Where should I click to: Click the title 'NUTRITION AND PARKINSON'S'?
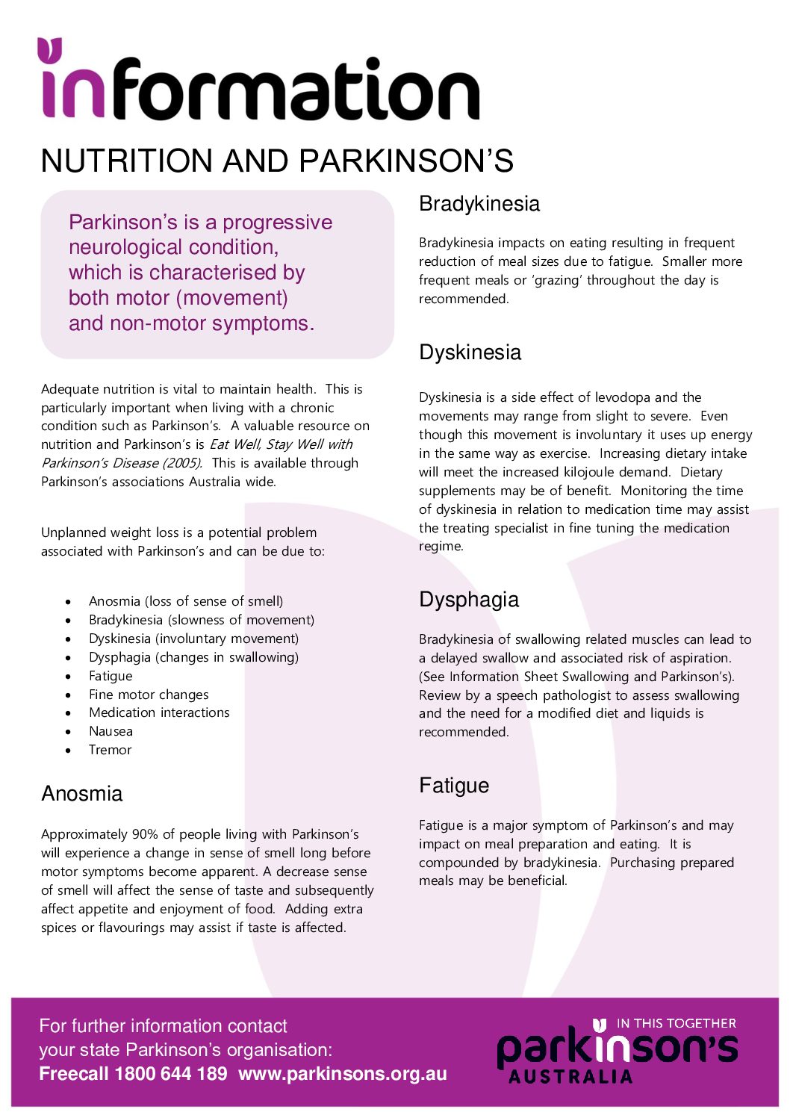pyautogui.click(x=277, y=161)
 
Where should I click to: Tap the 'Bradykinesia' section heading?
pyautogui.click(x=479, y=204)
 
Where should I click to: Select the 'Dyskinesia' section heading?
pyautogui.click(x=470, y=353)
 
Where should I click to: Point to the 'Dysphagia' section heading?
pyautogui.click(x=468, y=600)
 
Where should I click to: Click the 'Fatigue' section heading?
pyautogui.click(x=454, y=786)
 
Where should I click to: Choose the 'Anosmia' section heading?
pyautogui.click(x=81, y=793)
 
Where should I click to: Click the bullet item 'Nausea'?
pyautogui.click(x=111, y=731)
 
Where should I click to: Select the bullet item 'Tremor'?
pyautogui.click(x=110, y=750)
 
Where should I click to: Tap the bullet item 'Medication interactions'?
pyautogui.click(x=159, y=712)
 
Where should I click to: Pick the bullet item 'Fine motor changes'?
pyautogui.click(x=149, y=695)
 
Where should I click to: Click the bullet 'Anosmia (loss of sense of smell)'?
pyautogui.click(x=186, y=601)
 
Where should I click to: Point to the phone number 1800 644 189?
pyautogui.click(x=171, y=1074)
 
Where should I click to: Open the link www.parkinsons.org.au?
pyautogui.click(x=343, y=1074)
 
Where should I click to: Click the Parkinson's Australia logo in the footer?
pyautogui.click(x=616, y=1053)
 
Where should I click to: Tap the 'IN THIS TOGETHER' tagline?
pyautogui.click(x=676, y=1023)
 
